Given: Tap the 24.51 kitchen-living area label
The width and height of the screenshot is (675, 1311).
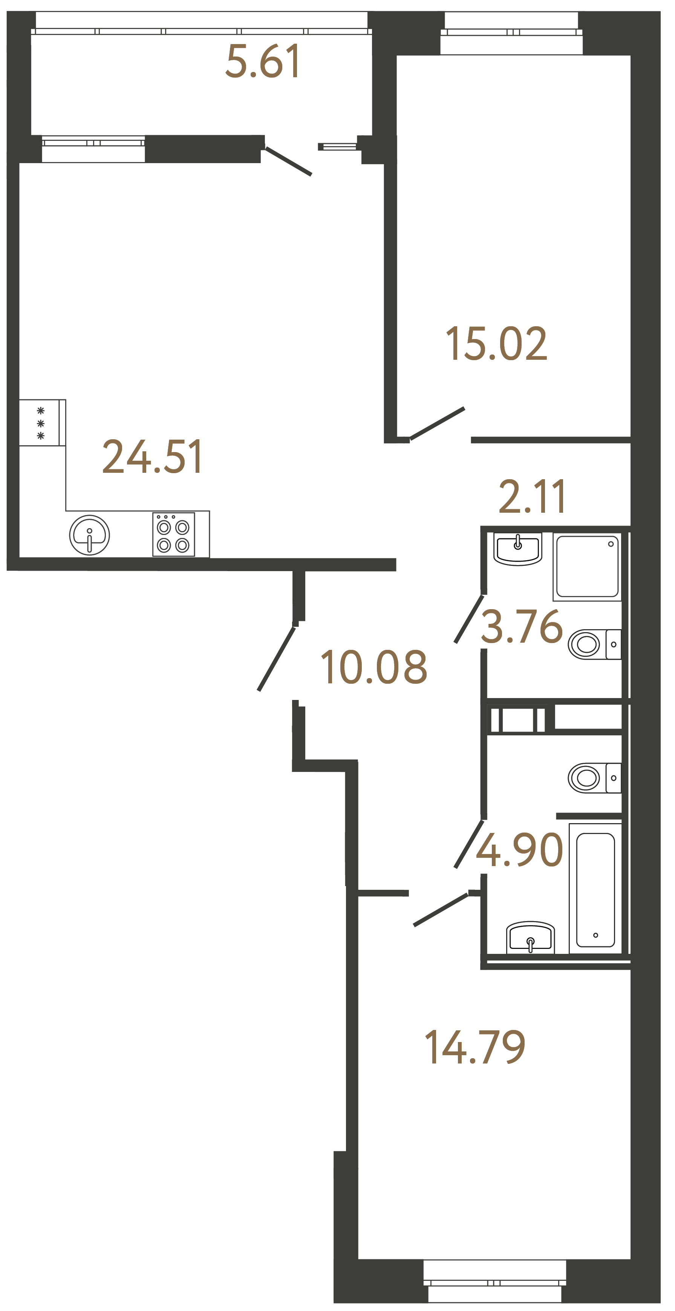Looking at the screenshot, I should [152, 457].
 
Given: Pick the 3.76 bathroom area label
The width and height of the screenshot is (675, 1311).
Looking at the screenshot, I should [522, 626].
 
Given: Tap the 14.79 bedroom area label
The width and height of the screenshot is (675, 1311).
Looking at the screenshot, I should [475, 1047].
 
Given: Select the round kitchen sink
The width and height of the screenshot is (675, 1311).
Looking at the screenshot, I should [90, 535].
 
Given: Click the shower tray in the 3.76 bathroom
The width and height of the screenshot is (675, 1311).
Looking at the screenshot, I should [587, 566].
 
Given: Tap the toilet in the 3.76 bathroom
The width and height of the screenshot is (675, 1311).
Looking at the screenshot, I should [593, 644].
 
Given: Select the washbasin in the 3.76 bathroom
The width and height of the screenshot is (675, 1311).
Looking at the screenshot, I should [517, 548].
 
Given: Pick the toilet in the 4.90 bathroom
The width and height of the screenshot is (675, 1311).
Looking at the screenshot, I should [593, 778].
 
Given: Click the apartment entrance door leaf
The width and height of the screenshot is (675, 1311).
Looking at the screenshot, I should [276, 659].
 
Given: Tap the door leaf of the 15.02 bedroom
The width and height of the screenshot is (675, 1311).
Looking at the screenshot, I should [437, 423].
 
